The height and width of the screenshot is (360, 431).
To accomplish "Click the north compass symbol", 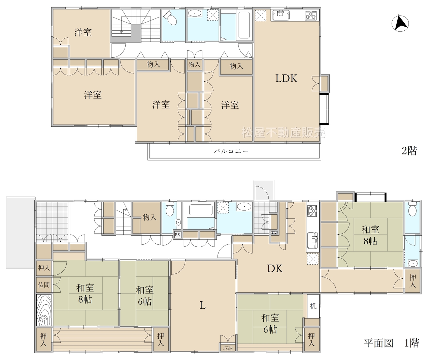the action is click(x=400, y=24).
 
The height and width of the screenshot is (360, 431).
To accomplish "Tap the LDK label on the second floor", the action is click(x=286, y=79).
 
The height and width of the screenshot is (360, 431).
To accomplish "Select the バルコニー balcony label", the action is click(x=231, y=151).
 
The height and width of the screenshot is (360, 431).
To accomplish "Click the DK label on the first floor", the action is click(x=275, y=268).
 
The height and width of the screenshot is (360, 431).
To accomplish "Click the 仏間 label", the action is click(x=44, y=285).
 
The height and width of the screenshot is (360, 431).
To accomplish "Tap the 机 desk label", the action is click(x=313, y=306).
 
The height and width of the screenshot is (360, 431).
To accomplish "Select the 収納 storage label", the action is click(x=228, y=348).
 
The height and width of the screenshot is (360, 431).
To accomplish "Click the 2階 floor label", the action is click(x=409, y=151).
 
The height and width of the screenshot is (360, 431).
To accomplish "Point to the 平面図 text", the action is click(x=378, y=343).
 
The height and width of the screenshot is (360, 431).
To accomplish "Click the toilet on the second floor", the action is click(x=170, y=18).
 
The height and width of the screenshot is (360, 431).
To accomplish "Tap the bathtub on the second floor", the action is click(x=244, y=25).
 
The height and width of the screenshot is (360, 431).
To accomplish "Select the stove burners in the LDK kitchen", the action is click(x=311, y=15).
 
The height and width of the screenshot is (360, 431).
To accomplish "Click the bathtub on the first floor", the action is click(x=199, y=210).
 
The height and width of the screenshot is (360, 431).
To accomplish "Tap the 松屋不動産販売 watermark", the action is click(x=284, y=132).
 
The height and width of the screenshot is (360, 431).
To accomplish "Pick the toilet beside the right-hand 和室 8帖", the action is click(x=412, y=209).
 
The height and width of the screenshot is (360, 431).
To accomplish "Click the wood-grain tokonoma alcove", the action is click(x=44, y=310).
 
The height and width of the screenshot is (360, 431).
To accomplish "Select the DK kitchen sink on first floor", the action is click(x=312, y=240).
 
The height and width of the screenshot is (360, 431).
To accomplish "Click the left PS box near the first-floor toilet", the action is click(x=177, y=235).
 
